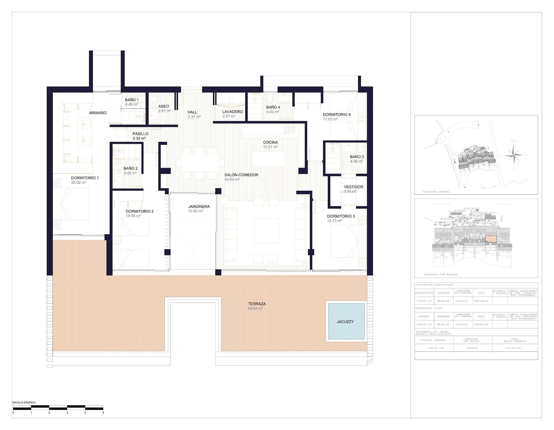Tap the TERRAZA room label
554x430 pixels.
tap(257, 304)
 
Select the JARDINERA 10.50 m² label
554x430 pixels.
tap(199, 209)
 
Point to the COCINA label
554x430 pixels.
tap(270, 142)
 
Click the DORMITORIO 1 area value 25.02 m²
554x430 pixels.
tap(79, 183)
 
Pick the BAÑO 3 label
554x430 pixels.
tap(357, 157)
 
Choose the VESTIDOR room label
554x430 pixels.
tap(353, 187)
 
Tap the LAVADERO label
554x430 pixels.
tap(232, 112)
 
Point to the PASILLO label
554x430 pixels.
tap(140, 134)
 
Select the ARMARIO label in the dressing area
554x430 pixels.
tap(98, 113)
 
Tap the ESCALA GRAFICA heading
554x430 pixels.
tap(24, 402)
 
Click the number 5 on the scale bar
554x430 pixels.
tap(103, 413)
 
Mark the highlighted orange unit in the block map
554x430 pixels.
tap(491, 239)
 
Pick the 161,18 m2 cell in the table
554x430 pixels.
tap(515, 348)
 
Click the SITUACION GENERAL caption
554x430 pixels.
tap(436, 191)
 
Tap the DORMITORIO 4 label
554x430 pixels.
tap(336, 114)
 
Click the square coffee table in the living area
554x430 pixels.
tap(266, 231)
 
